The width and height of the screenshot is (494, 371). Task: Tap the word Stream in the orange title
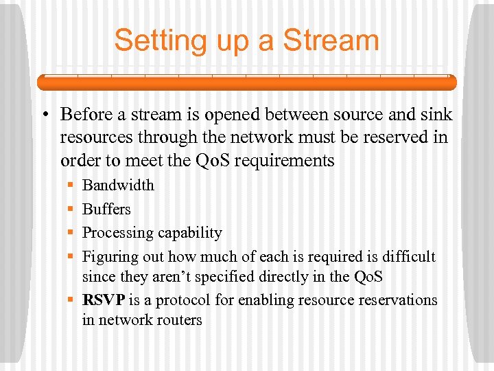pos(331,41)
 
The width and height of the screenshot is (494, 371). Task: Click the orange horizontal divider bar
pos(246,82)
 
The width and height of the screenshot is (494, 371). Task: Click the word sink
pos(437,114)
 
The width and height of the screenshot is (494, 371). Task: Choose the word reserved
pos(393,137)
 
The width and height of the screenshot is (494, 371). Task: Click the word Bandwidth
pos(118,185)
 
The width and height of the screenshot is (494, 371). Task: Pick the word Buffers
pos(106,209)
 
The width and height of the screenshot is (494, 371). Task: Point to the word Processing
pos(115,233)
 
